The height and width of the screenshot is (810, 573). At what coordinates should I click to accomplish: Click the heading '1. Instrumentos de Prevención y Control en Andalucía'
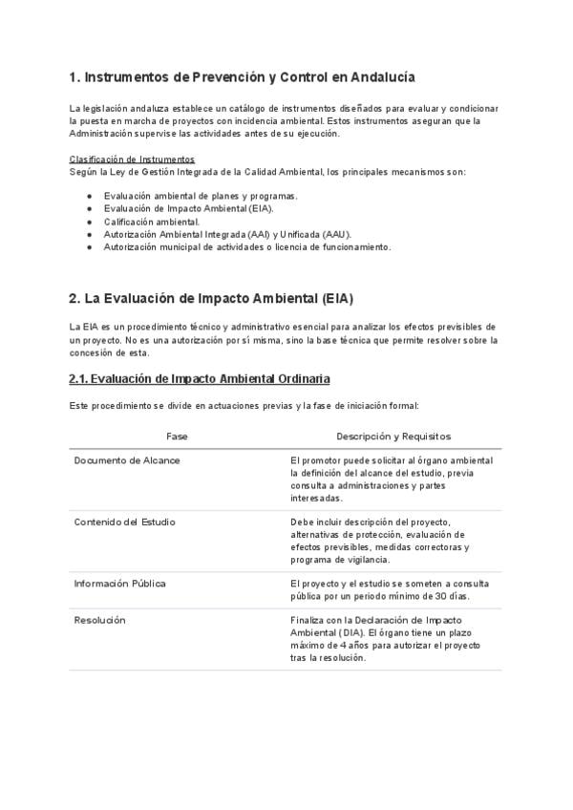pyautogui.click(x=242, y=76)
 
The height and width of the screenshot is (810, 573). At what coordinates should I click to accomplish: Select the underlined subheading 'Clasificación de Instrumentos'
pyautogui.click(x=132, y=159)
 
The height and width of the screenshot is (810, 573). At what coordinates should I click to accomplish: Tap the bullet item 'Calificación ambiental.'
pyautogui.click(x=152, y=222)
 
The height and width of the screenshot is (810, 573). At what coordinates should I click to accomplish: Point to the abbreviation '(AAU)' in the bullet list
pyautogui.click(x=334, y=234)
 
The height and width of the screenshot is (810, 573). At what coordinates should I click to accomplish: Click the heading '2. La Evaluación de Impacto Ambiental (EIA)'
pyautogui.click(x=211, y=298)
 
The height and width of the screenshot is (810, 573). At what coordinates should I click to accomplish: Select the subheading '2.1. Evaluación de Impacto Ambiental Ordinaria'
pyautogui.click(x=200, y=379)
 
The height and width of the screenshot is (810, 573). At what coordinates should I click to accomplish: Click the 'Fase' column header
pyautogui.click(x=177, y=436)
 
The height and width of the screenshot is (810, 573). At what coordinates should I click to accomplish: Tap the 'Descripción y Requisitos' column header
pyautogui.click(x=393, y=436)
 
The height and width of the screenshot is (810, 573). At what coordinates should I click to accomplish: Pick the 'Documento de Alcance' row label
pyautogui.click(x=127, y=460)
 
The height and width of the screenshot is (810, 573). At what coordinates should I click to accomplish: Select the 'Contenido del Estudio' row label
pyautogui.click(x=125, y=522)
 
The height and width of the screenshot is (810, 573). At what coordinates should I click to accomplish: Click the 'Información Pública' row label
pyautogui.click(x=120, y=584)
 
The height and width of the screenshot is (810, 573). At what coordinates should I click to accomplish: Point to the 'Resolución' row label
pyautogui.click(x=100, y=621)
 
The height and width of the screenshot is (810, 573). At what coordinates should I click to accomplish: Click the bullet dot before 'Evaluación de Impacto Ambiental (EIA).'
pyautogui.click(x=89, y=208)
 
